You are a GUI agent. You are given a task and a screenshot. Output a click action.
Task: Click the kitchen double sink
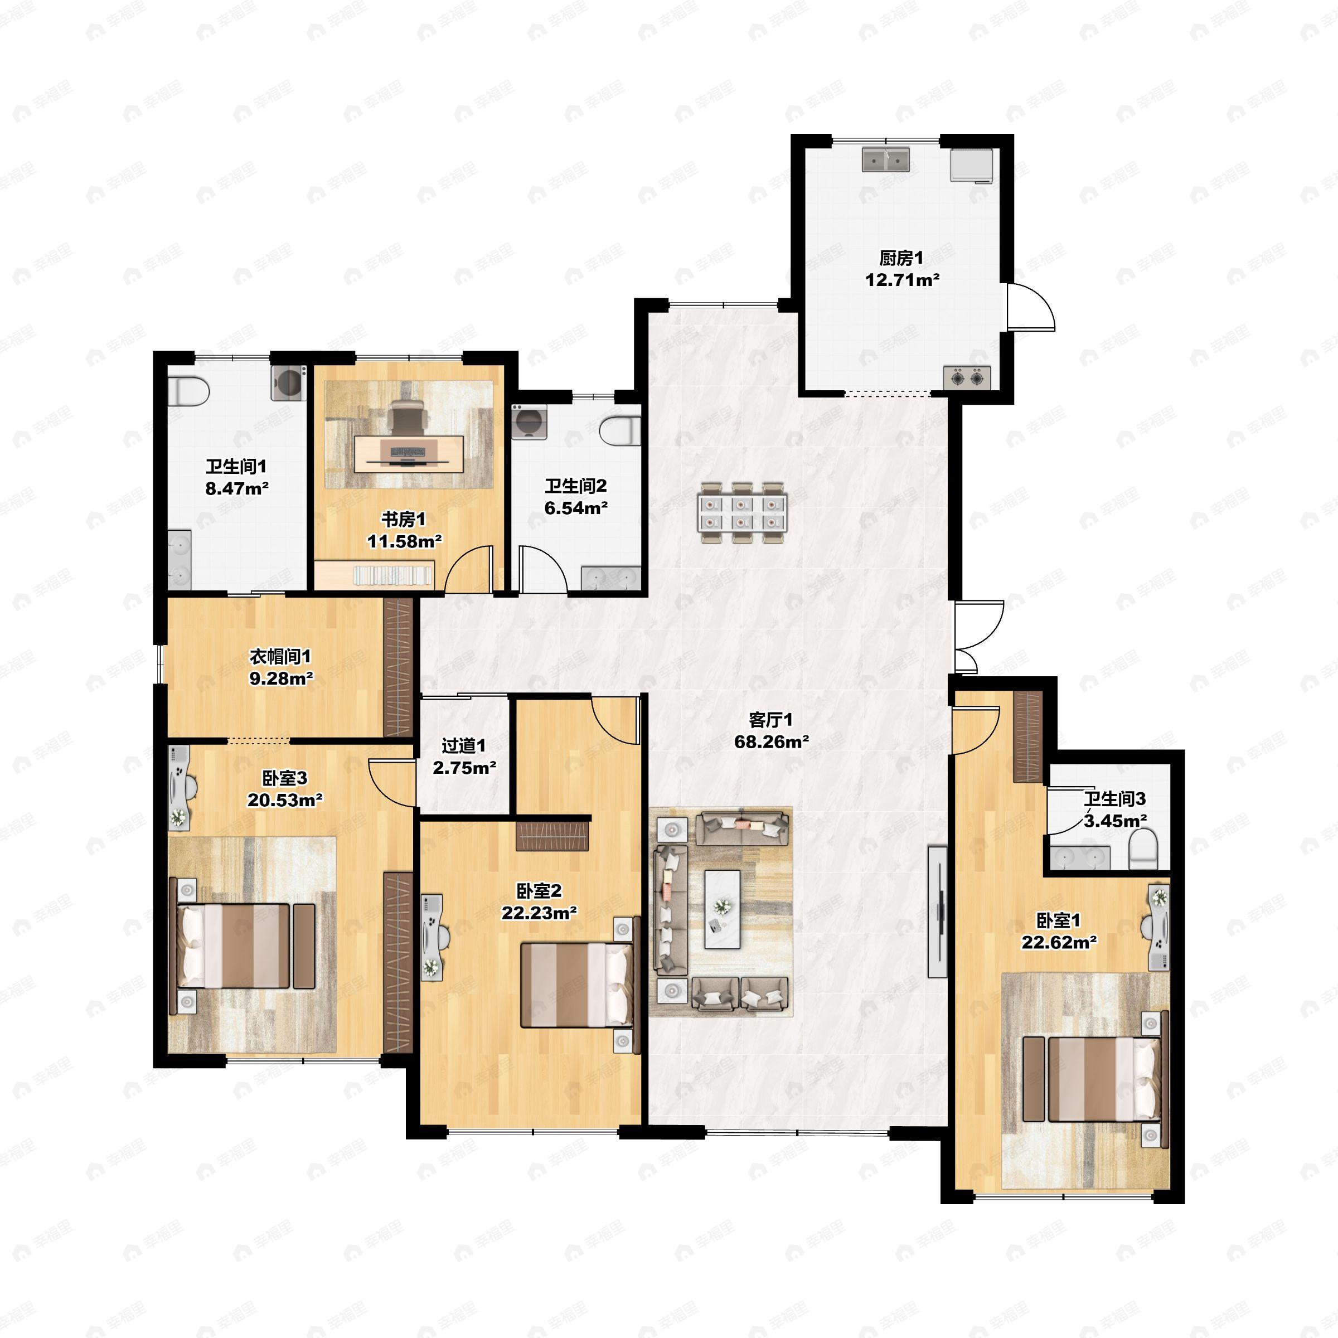886,159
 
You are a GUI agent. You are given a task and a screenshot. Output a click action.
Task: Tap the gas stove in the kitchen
967,377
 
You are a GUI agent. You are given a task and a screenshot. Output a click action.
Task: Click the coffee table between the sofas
723,909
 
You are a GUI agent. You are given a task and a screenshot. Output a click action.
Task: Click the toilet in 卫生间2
620,431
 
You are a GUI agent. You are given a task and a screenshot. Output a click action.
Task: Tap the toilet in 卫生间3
1143,850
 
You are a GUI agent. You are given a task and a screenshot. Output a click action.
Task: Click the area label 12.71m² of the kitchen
901,280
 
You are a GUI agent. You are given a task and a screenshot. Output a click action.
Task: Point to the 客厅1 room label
771,720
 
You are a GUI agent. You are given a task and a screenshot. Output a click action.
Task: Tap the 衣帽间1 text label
280,656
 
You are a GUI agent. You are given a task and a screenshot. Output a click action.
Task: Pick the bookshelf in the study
394,575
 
